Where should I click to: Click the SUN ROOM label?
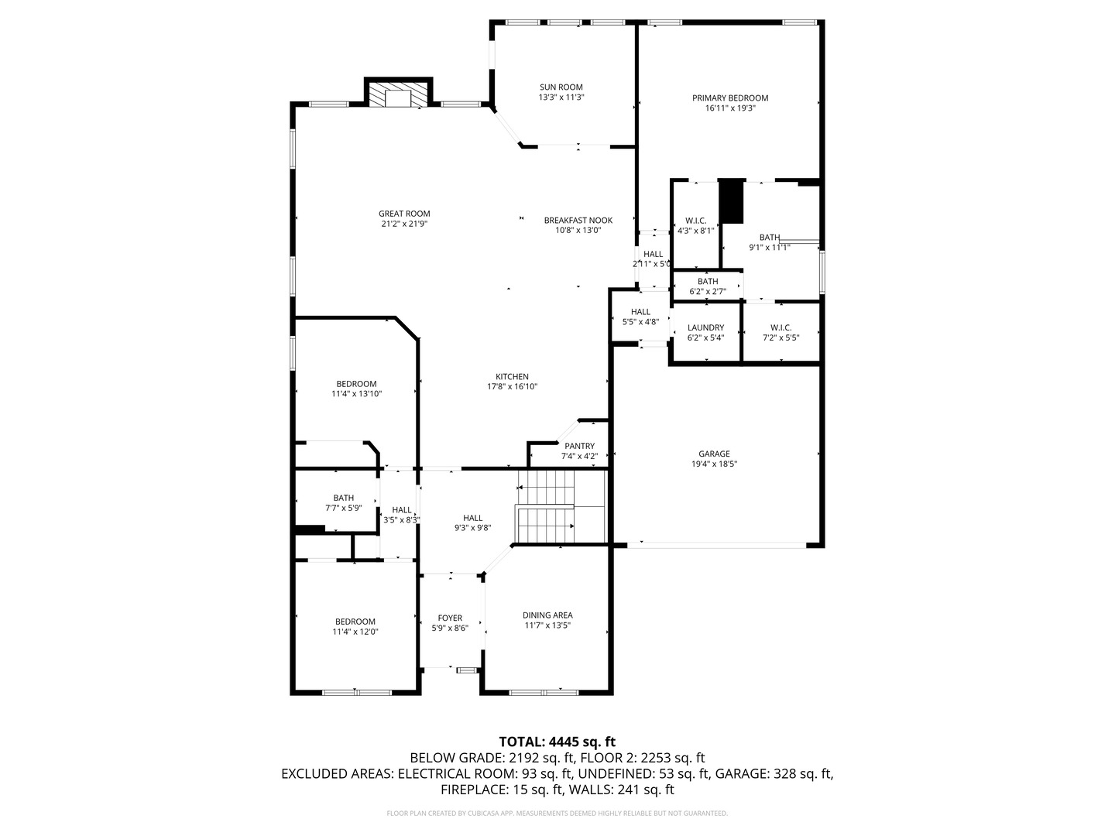point(561,87)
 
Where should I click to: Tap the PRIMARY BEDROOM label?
point(730,98)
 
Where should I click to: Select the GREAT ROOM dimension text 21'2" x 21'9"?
point(404,224)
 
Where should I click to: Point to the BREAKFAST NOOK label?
point(578,221)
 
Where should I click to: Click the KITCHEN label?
point(512,377)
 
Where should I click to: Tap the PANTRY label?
point(580,446)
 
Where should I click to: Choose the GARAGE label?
point(714,454)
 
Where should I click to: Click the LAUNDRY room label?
point(705,328)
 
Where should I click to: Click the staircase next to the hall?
point(561,506)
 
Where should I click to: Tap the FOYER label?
point(450,618)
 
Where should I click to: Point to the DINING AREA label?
point(547,615)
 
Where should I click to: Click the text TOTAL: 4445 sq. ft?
point(557,742)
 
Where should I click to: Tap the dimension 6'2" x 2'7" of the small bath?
point(708,291)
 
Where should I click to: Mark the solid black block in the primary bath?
point(732,201)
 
